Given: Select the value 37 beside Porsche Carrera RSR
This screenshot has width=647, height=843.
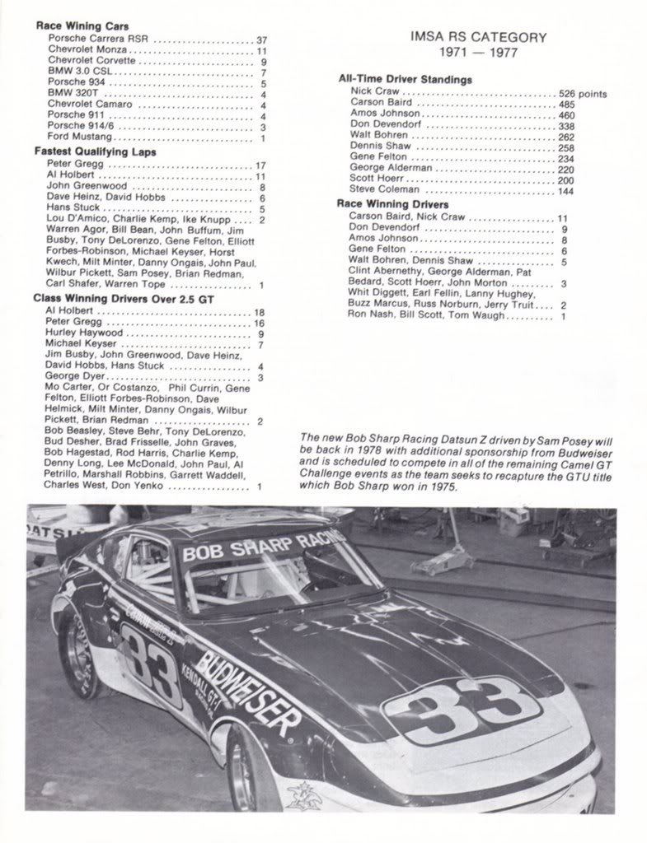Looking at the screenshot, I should (261, 40).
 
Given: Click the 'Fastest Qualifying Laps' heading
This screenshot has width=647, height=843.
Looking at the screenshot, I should (95, 151).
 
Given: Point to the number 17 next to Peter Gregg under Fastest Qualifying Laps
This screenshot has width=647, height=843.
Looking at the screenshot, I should (260, 165).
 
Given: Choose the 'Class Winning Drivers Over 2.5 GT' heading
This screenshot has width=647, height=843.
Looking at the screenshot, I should (123, 299).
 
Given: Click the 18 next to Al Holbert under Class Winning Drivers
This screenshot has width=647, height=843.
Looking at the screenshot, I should (259, 312).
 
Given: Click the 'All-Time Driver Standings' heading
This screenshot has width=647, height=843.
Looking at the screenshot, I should (405, 80).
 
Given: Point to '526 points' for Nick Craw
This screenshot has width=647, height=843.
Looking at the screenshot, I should (582, 94).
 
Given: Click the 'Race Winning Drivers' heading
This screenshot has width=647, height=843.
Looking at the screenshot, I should (392, 204).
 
